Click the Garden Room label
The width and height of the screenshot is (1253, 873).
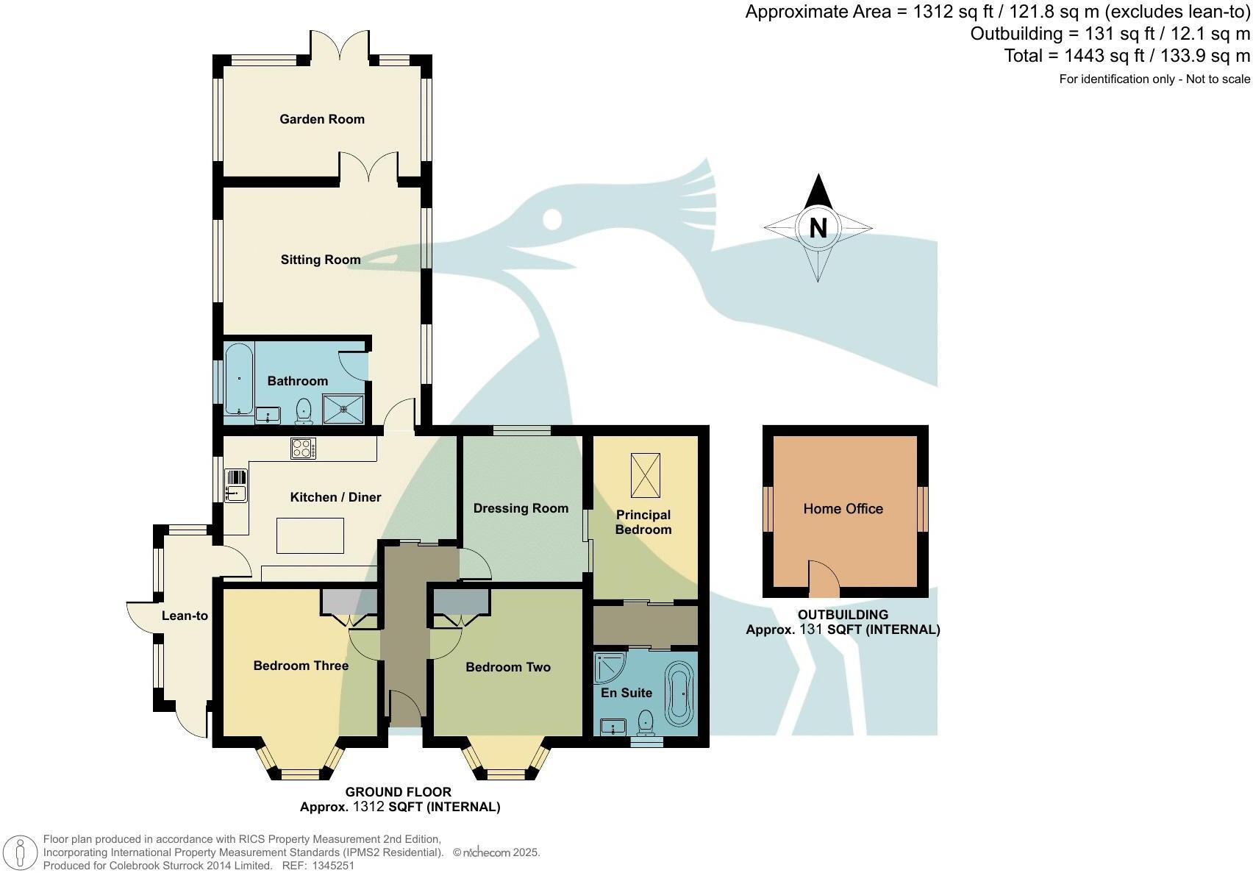(x=321, y=119)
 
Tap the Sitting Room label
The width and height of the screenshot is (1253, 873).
(x=320, y=260)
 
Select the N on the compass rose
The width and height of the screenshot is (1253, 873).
(x=818, y=228)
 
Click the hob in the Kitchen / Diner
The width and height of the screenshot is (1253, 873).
(x=303, y=448)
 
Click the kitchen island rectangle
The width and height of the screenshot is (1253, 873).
(x=310, y=535)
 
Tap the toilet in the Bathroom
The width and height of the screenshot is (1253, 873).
(x=304, y=411)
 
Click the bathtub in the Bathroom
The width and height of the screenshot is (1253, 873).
(x=239, y=380)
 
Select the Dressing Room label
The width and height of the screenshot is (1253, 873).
(x=521, y=508)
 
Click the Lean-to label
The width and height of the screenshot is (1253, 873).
(x=185, y=616)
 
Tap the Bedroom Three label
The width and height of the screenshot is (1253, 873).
(x=301, y=666)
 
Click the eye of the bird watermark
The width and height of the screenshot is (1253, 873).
(x=553, y=218)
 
